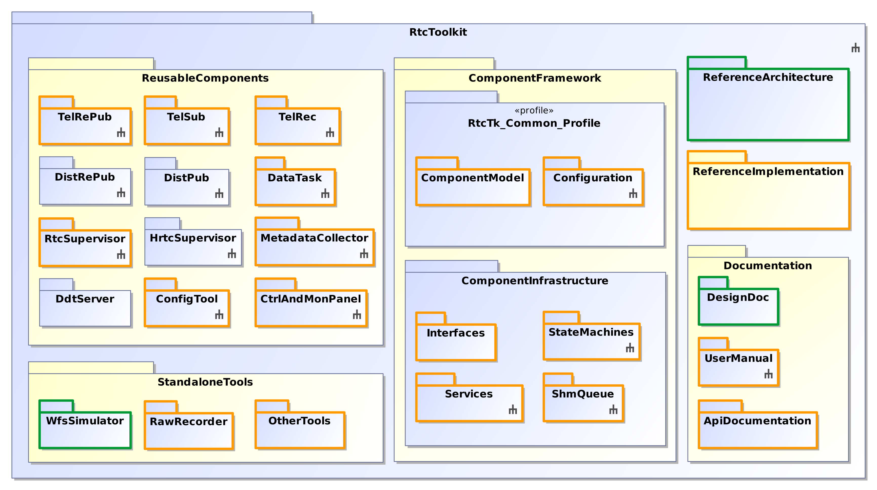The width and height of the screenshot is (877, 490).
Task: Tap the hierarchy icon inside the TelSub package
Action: tap(219, 133)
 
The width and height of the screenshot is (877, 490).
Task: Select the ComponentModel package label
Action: tap(472, 178)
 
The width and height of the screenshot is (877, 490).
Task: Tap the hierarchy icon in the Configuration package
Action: tap(633, 194)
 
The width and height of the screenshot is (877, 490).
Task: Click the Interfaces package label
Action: tap(456, 333)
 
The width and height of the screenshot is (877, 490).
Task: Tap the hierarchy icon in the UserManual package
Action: tap(768, 374)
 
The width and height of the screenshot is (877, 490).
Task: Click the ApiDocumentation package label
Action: tap(757, 421)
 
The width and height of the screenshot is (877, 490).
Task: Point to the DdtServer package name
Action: tap(85, 299)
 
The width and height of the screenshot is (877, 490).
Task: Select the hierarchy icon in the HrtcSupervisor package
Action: tap(232, 254)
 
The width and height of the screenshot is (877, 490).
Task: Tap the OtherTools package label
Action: tap(299, 421)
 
